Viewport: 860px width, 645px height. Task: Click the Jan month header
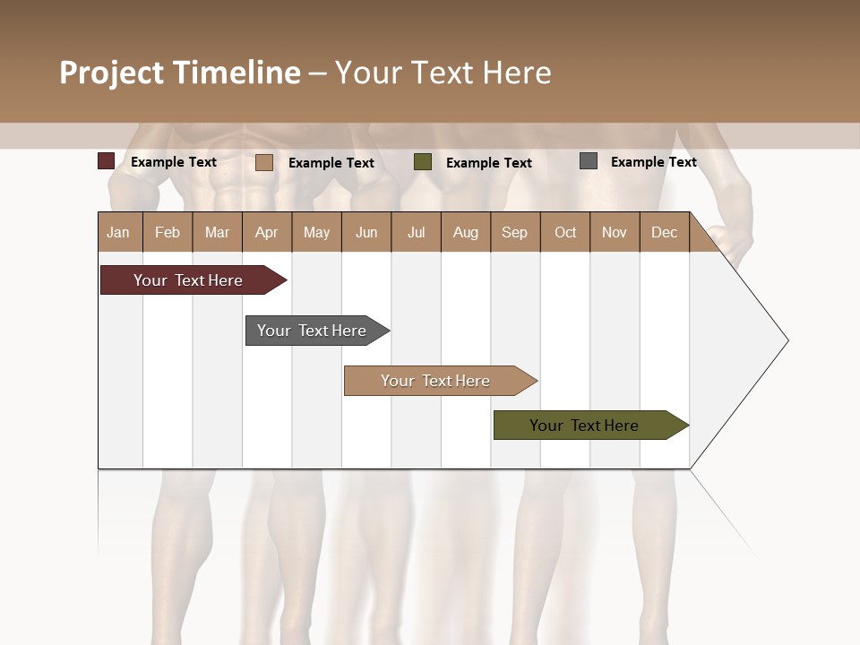point(119,232)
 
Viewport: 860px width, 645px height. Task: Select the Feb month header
point(168,232)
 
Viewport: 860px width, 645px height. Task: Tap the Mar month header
point(217,232)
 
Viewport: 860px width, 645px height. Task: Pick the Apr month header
point(267,232)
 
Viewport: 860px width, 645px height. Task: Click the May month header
point(316,232)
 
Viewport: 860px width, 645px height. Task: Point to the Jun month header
point(366,232)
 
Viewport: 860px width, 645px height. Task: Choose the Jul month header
point(416,232)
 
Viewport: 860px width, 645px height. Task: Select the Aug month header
point(466,232)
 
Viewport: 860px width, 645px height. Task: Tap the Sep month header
point(515,232)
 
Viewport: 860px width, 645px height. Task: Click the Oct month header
point(565,232)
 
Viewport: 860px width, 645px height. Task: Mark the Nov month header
point(615,232)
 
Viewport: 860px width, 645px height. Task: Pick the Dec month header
point(665,232)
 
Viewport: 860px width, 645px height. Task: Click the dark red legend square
point(107,161)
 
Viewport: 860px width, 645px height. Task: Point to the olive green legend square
point(423,162)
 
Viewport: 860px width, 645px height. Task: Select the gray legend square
point(589,161)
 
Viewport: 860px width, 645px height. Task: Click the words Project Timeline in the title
point(180,73)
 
